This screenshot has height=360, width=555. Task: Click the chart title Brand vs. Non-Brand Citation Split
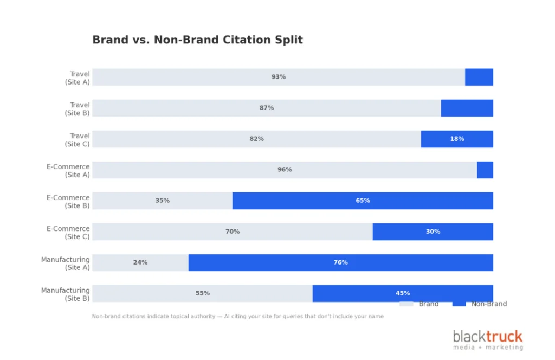[x=197, y=40]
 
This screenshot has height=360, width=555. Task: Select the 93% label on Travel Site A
[x=279, y=77]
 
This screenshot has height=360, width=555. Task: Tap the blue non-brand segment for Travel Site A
[x=479, y=77]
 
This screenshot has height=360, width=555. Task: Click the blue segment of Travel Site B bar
[x=467, y=108]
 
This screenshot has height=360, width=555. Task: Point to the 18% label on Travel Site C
[x=457, y=139]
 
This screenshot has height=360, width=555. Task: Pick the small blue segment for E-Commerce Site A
[x=485, y=170]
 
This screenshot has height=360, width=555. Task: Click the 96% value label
[x=285, y=170]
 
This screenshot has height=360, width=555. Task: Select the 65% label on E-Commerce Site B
[x=363, y=201]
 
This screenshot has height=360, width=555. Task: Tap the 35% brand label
[x=162, y=201]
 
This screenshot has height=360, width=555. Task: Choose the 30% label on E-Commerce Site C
[x=433, y=232]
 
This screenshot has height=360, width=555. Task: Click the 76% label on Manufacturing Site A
[x=340, y=262]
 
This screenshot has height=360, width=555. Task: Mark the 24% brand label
[x=140, y=262]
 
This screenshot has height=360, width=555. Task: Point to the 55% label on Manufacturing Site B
[x=202, y=293]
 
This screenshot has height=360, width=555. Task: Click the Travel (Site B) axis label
[x=77, y=108]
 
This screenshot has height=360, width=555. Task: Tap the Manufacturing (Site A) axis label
[x=66, y=263]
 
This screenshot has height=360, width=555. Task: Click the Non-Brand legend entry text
[x=489, y=304]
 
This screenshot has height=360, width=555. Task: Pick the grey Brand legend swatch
[x=406, y=304]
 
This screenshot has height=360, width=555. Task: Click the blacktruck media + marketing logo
[x=488, y=340]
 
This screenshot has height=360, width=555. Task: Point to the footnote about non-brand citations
[x=237, y=316]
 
